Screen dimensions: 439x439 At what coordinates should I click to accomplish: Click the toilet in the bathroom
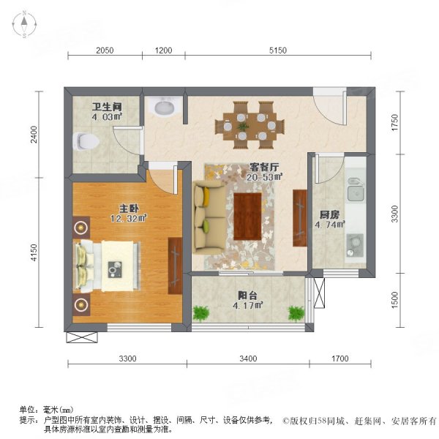(85, 139)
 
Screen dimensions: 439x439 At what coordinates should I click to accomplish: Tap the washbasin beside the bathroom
(163, 108)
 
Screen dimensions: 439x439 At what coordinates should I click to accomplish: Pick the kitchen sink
(356, 192)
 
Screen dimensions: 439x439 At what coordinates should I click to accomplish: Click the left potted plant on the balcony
(200, 313)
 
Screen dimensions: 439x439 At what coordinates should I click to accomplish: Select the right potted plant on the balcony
(296, 313)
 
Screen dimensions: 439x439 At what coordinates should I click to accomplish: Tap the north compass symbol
(24, 25)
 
